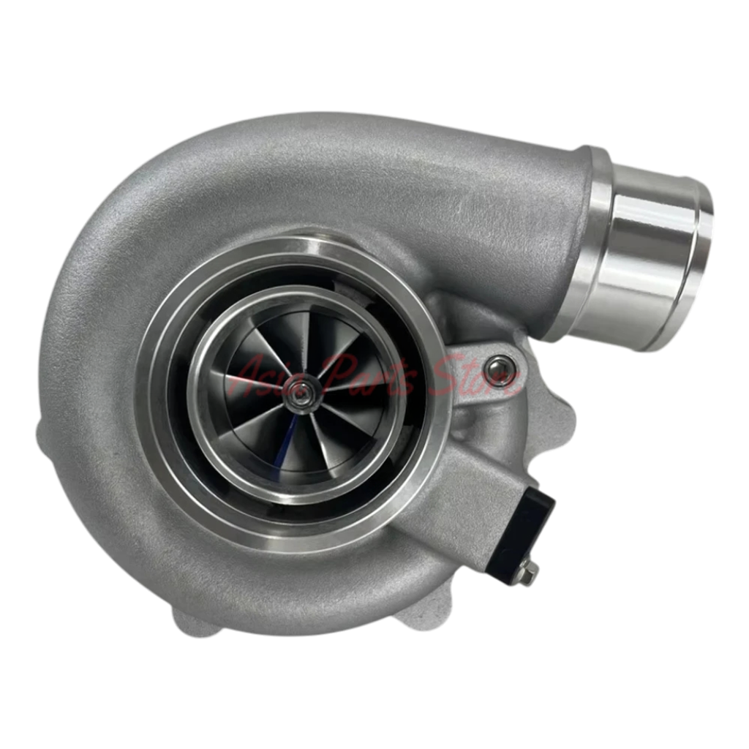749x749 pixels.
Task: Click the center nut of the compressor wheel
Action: click(x=300, y=391)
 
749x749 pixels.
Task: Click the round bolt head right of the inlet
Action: click(x=500, y=364)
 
